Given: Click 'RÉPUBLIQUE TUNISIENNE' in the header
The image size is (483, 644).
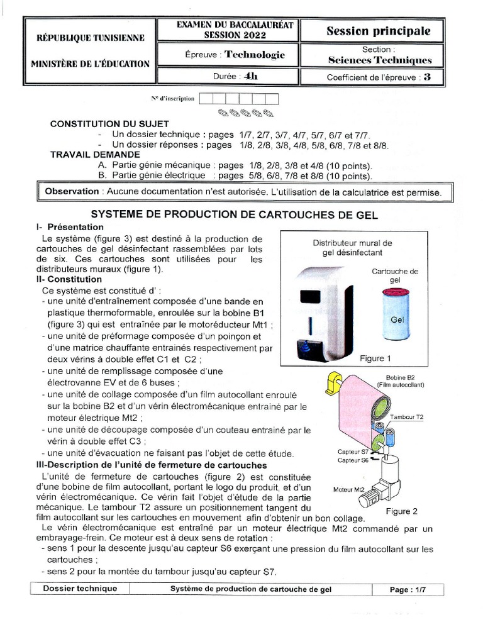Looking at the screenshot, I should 91,38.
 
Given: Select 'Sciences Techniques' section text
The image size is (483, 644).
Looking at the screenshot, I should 380,60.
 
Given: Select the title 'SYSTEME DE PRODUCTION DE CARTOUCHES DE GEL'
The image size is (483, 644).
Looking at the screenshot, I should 235,214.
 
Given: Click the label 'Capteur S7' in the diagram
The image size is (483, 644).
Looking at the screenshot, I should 353,452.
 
